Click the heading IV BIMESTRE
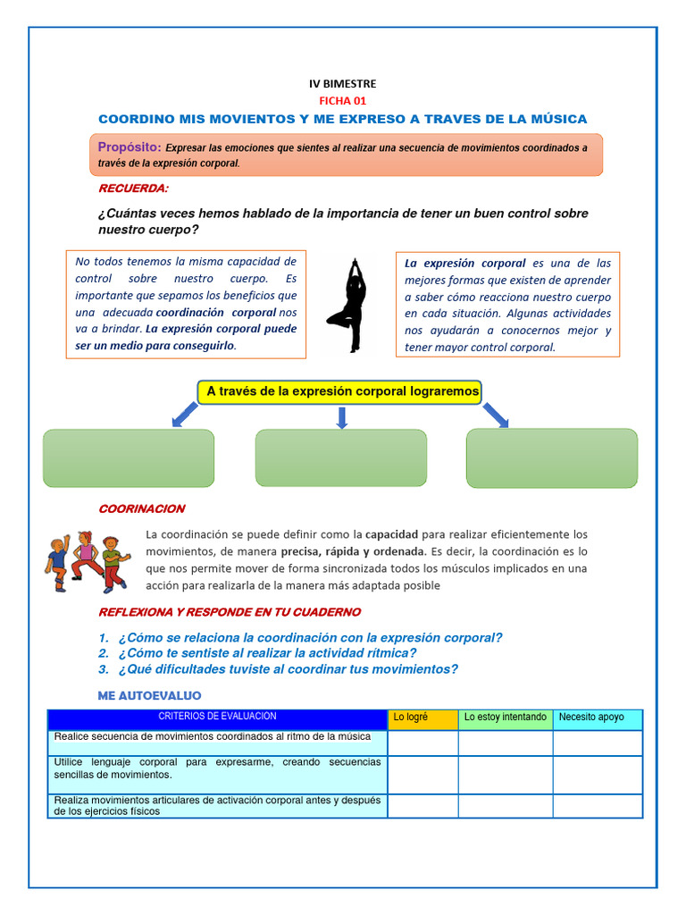click(342, 84)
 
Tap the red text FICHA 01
click(342, 101)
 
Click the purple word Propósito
click(130, 147)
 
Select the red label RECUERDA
click(133, 189)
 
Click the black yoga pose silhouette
click(348, 304)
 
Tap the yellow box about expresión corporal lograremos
click(339, 391)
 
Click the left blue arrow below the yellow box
click(185, 414)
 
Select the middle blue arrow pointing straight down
click(341, 416)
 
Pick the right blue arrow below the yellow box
click(495, 415)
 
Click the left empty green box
click(129, 457)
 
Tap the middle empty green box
click(341, 457)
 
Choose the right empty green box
click(552, 457)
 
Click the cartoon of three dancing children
click(87, 561)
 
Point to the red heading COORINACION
click(141, 508)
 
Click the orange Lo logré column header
click(422, 718)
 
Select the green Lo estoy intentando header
click(506, 718)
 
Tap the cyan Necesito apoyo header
click(597, 718)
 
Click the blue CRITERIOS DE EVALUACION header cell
click(217, 717)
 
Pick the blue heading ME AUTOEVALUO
click(148, 695)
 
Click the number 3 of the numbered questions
click(104, 669)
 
